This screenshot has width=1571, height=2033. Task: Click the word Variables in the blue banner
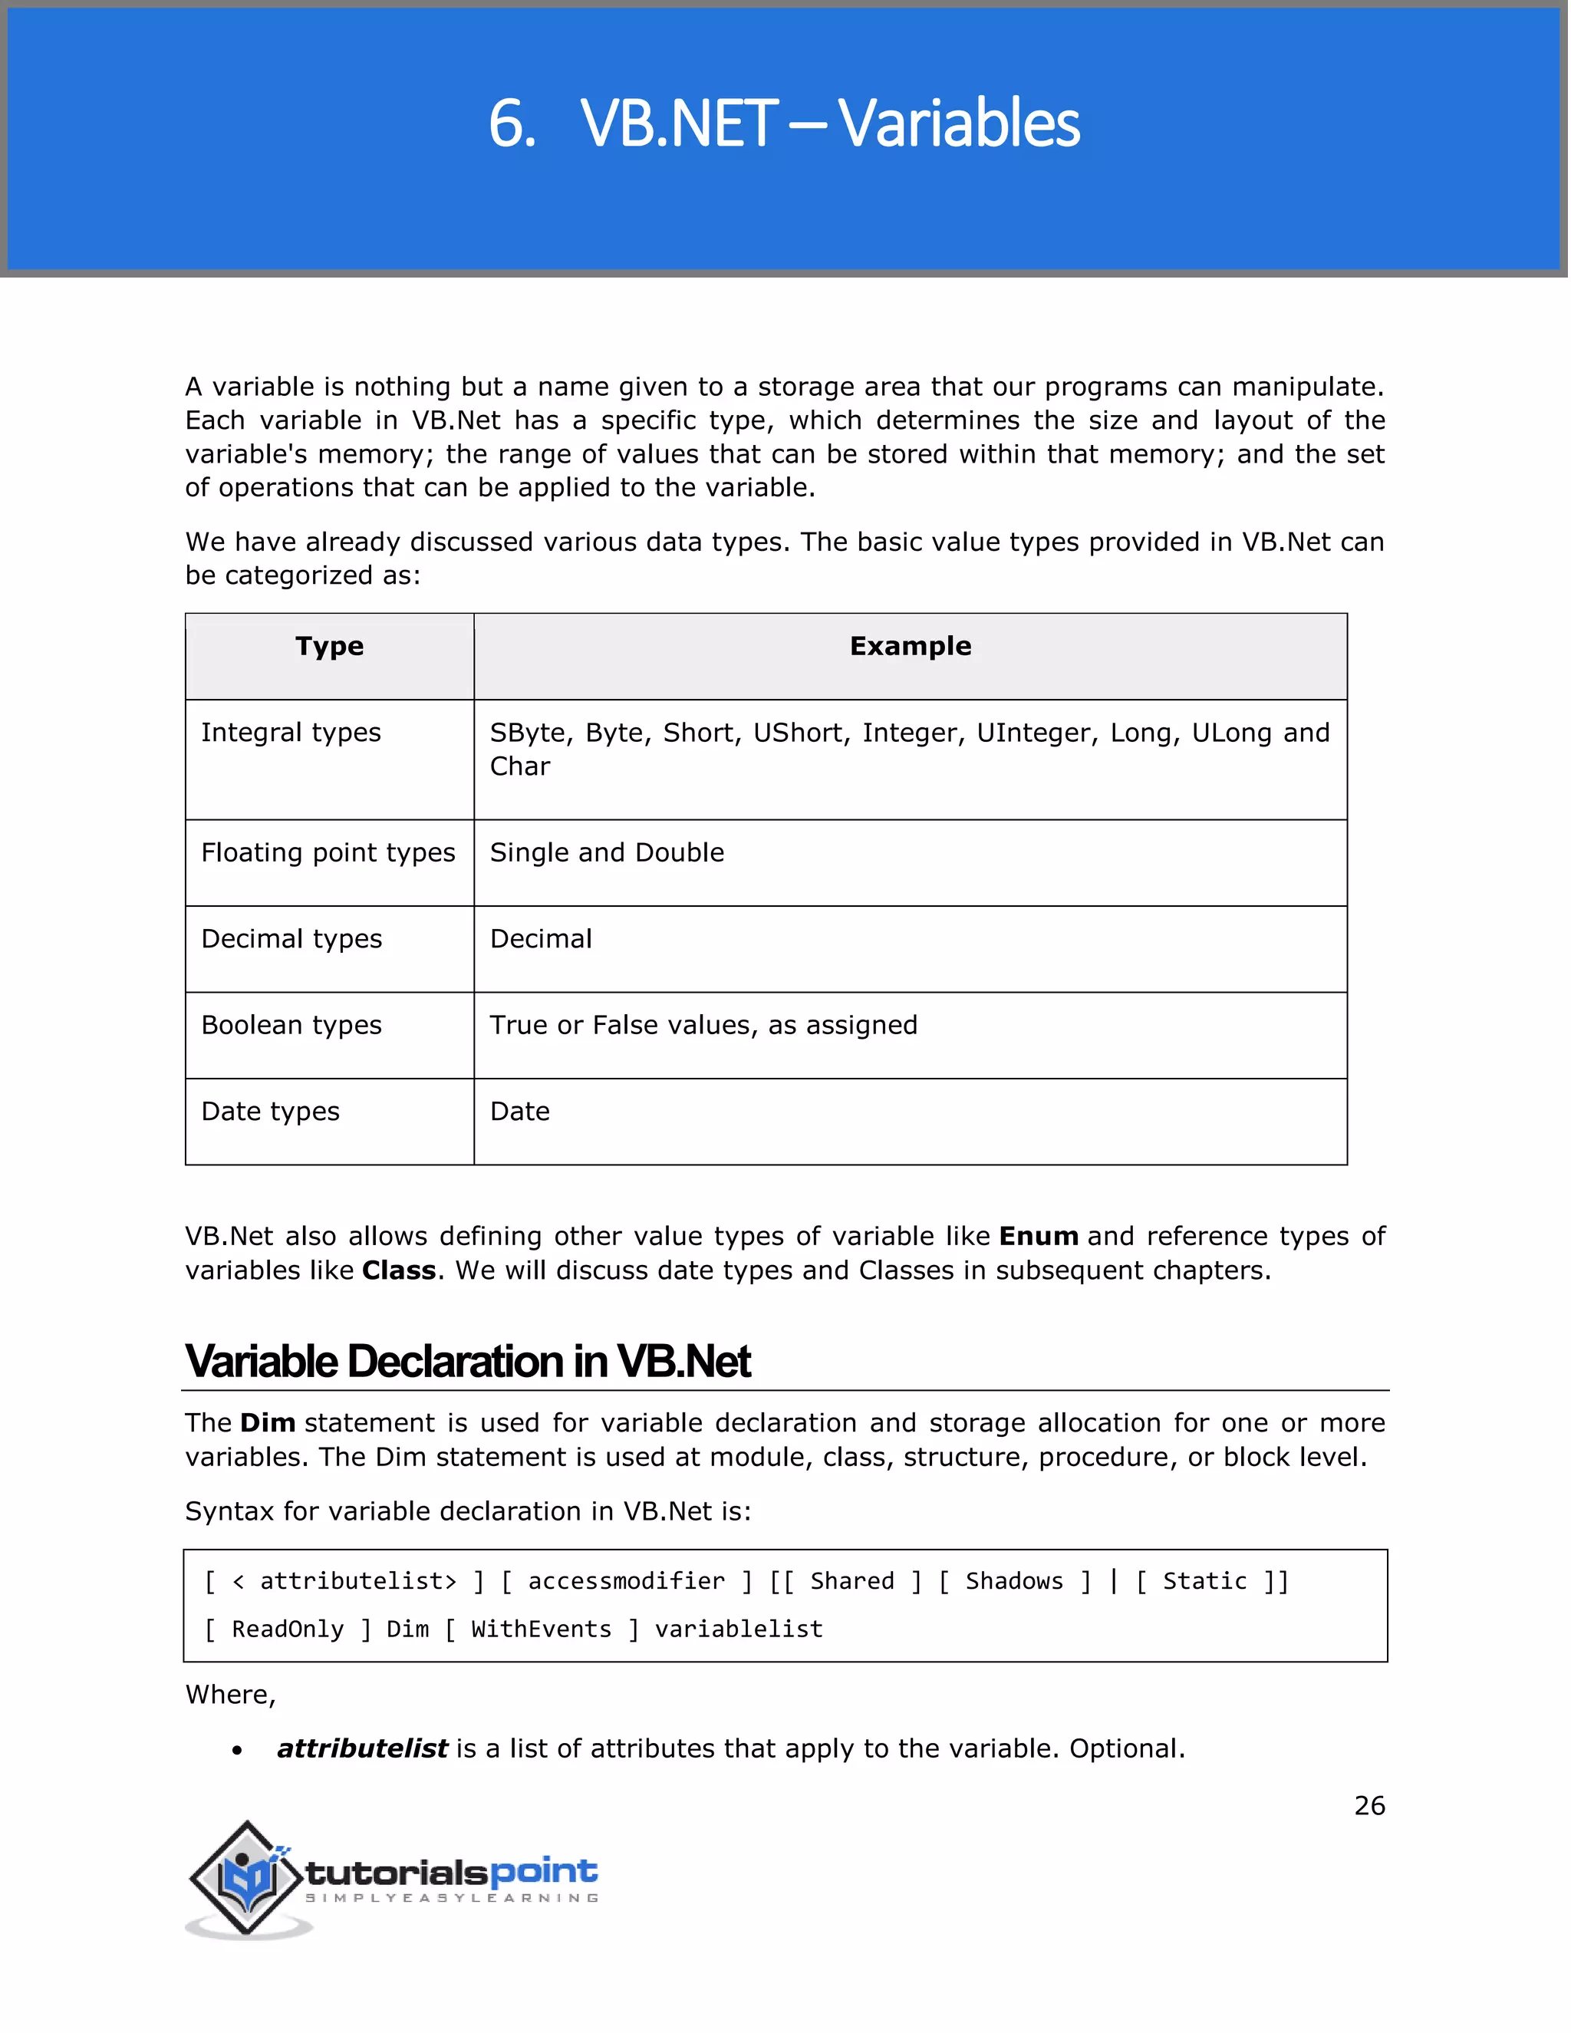959,124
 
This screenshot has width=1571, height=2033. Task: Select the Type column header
329,646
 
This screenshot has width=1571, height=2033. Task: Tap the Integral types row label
291,733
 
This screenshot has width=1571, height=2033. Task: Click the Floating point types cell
328,852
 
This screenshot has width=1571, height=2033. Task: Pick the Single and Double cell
607,852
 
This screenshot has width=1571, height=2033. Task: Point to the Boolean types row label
291,1025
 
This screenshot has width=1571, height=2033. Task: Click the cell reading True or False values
703,1025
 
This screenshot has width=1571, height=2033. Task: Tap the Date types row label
270,1112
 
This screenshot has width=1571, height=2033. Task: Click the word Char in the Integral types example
519,766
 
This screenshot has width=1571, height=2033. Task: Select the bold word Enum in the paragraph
1038,1236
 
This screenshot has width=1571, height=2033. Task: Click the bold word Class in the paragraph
398,1270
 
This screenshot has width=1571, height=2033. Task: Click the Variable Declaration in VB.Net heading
467,1362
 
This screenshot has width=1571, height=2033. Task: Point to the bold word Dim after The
267,1423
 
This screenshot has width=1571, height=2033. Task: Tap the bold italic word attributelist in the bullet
362,1749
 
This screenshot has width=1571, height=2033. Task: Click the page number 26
1369,1806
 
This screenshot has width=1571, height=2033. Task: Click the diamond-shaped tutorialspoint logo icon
247,1879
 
